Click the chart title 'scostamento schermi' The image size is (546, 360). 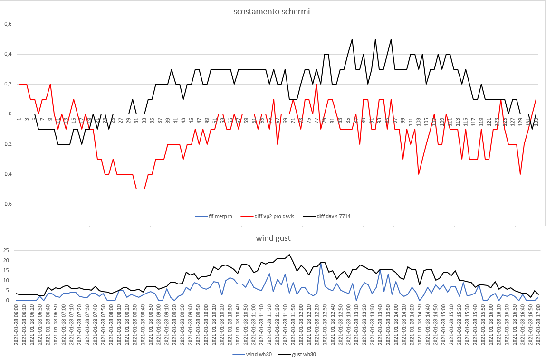point(272,11)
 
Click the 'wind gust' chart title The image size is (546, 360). point(273,237)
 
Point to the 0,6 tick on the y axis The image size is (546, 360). point(8,24)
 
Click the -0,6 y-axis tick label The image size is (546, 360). point(7,204)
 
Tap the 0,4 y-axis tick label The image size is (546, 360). point(8,54)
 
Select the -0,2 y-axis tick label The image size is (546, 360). point(7,144)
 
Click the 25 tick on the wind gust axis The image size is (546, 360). point(6,250)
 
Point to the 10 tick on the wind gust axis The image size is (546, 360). point(6,280)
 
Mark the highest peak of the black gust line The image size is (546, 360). point(289,255)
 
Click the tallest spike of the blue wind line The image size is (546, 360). point(321,263)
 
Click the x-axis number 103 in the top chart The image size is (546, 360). point(419,121)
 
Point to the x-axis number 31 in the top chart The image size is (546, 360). point(136,121)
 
